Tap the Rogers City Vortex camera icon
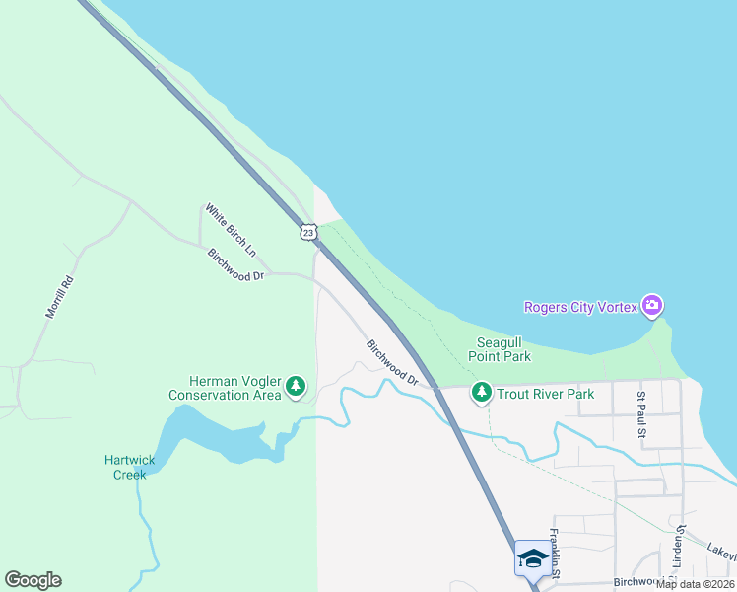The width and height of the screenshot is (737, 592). click(650, 305)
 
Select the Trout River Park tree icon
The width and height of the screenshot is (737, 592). click(481, 394)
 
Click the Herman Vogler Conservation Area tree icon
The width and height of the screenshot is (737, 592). click(296, 389)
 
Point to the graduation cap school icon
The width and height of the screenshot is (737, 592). click(532, 557)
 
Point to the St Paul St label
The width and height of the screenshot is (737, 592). click(640, 414)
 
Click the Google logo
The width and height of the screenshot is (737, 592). click(33, 580)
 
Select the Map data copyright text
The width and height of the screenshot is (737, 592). click(696, 584)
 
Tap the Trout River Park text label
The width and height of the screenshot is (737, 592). click(545, 394)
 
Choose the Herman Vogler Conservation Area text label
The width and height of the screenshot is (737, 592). click(225, 389)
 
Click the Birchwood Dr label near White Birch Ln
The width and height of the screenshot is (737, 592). click(236, 263)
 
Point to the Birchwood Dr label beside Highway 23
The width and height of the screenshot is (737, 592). click(392, 362)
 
